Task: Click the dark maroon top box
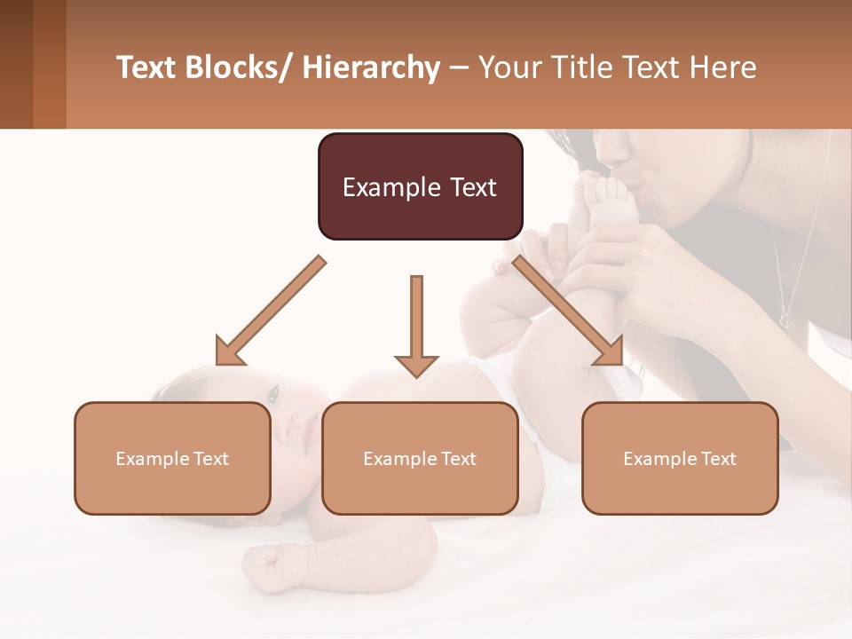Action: pos(420,186)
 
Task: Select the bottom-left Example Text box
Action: pos(172,458)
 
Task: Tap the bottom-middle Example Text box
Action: pos(420,458)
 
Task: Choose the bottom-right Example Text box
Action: pos(680,458)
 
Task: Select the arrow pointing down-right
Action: pos(569,312)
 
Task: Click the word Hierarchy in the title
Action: pos(371,67)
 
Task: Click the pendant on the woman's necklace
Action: pos(785,319)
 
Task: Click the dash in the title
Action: pos(459,68)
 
